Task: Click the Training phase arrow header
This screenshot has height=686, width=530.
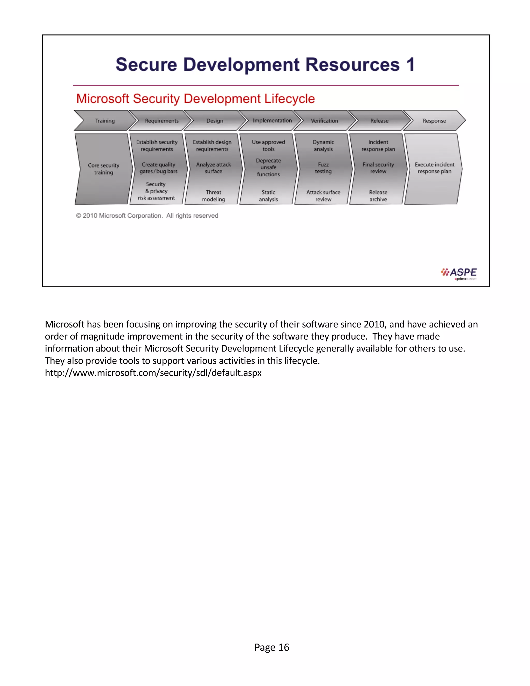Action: click(x=105, y=121)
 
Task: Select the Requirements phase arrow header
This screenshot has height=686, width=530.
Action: click(x=161, y=121)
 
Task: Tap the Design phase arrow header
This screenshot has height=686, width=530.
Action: click(x=215, y=121)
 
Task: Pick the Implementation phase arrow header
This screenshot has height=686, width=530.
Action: click(x=272, y=121)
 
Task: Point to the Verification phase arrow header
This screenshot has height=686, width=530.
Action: click(x=324, y=121)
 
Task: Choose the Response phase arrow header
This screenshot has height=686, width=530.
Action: click(x=434, y=121)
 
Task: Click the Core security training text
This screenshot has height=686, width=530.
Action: click(x=104, y=169)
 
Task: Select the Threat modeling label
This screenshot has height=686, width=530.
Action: click(x=214, y=196)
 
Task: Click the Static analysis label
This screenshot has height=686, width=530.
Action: click(x=268, y=196)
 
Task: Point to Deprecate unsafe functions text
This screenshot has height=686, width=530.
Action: click(x=268, y=167)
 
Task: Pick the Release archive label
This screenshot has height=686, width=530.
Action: click(x=378, y=196)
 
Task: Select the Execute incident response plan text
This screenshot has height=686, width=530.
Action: click(x=434, y=168)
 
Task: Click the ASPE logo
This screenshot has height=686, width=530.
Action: click(x=459, y=273)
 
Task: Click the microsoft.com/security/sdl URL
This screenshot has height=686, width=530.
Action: click(x=153, y=373)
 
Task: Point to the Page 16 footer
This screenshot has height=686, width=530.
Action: click(x=271, y=647)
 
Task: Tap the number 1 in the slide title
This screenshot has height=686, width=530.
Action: click(x=410, y=65)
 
